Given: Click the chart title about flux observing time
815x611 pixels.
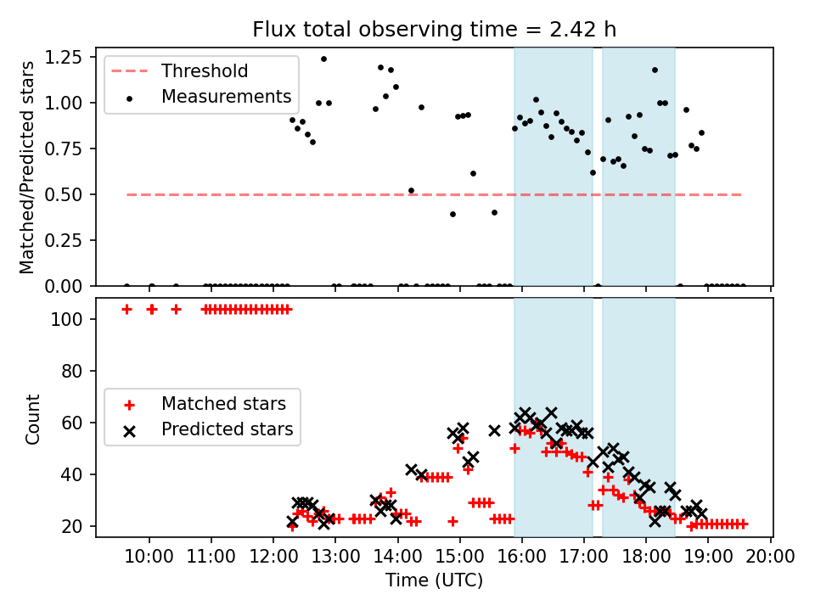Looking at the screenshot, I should [x=434, y=30].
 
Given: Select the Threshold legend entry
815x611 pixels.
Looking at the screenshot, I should [x=203, y=70].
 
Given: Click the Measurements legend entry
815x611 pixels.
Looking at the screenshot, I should [x=226, y=97].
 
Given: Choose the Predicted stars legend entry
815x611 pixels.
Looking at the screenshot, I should [x=228, y=429].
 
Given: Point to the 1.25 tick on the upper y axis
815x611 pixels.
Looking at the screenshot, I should [x=65, y=57].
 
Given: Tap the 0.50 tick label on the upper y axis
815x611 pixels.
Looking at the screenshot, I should [x=65, y=194].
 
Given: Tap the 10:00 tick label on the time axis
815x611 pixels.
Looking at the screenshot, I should [x=149, y=557].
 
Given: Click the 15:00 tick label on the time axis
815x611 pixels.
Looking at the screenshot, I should [x=459, y=557].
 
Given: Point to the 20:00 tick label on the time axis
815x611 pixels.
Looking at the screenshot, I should [x=770, y=557].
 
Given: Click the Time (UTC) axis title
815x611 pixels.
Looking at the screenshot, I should [x=434, y=580].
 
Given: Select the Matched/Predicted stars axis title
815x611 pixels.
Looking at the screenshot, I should [x=27, y=167].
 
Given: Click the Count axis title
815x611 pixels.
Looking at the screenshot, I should [x=33, y=419].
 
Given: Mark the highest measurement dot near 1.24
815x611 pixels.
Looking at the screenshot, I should [x=323, y=59].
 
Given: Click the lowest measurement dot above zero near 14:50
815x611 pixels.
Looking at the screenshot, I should [x=452, y=214].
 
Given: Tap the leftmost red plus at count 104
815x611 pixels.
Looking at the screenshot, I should [x=126, y=309].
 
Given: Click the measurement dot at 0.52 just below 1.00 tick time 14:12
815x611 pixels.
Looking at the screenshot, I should [x=411, y=190].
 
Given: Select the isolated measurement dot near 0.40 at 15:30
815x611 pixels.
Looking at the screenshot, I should [x=494, y=212].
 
